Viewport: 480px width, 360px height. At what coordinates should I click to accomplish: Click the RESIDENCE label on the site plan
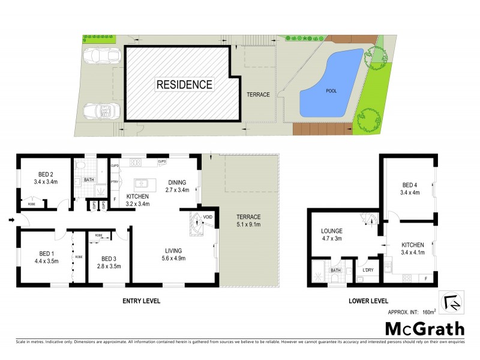pos(184,85)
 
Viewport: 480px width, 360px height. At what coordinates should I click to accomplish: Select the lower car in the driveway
pos(101,112)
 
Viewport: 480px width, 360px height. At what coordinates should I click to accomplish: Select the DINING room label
pos(178,182)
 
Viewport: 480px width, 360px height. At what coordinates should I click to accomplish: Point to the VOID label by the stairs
pos(208,217)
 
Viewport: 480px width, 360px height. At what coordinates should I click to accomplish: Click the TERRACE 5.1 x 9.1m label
pos(248,221)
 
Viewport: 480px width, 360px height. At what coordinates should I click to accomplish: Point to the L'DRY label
pos(367,269)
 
